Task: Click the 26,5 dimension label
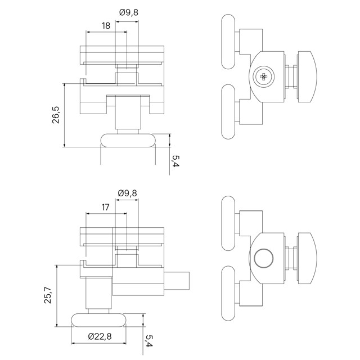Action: click(56, 115)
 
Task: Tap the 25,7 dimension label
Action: click(48, 295)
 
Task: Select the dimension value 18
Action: click(106, 26)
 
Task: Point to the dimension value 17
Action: click(105, 208)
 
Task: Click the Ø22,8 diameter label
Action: click(100, 336)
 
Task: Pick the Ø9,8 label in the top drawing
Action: click(129, 12)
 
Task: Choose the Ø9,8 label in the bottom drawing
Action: click(128, 193)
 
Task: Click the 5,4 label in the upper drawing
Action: click(175, 161)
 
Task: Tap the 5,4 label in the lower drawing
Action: click(149, 341)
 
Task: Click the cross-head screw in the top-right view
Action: click(264, 76)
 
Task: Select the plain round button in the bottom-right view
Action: click(264, 258)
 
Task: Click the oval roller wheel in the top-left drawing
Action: click(128, 140)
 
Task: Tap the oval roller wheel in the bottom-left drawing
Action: click(99, 320)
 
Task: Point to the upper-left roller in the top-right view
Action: click(228, 42)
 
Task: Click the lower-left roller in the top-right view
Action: click(228, 111)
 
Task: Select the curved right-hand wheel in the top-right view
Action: click(307, 76)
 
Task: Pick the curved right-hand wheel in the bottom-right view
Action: click(307, 258)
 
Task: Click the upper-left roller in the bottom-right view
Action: click(228, 223)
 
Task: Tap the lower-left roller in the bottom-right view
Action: click(228, 293)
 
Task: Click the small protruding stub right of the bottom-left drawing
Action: click(177, 281)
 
